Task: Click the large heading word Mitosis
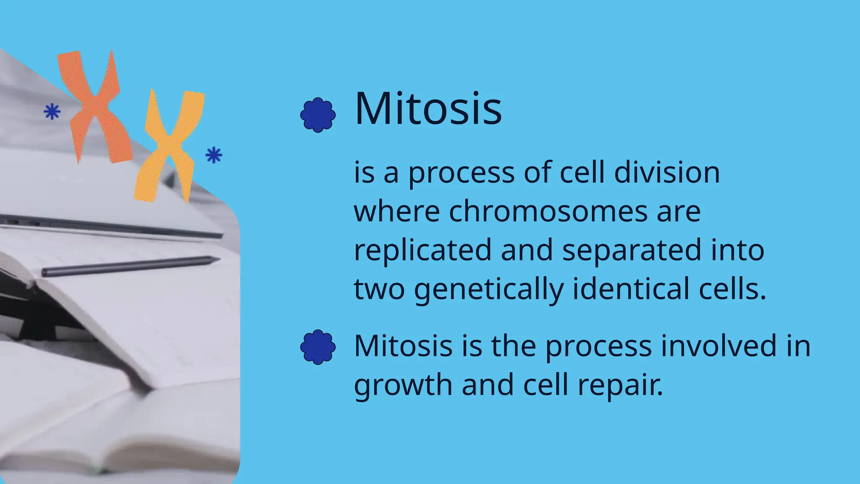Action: (428, 109)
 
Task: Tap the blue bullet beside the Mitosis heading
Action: (318, 115)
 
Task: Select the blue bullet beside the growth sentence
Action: (318, 347)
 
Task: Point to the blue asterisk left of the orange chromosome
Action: (52, 111)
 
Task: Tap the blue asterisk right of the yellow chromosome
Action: (214, 155)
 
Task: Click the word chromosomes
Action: (548, 211)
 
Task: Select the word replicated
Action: (422, 250)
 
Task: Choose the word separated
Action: (632, 250)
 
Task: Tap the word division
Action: (667, 173)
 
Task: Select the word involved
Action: (719, 346)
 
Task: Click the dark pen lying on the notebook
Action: (130, 266)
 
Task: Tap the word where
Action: (397, 211)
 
